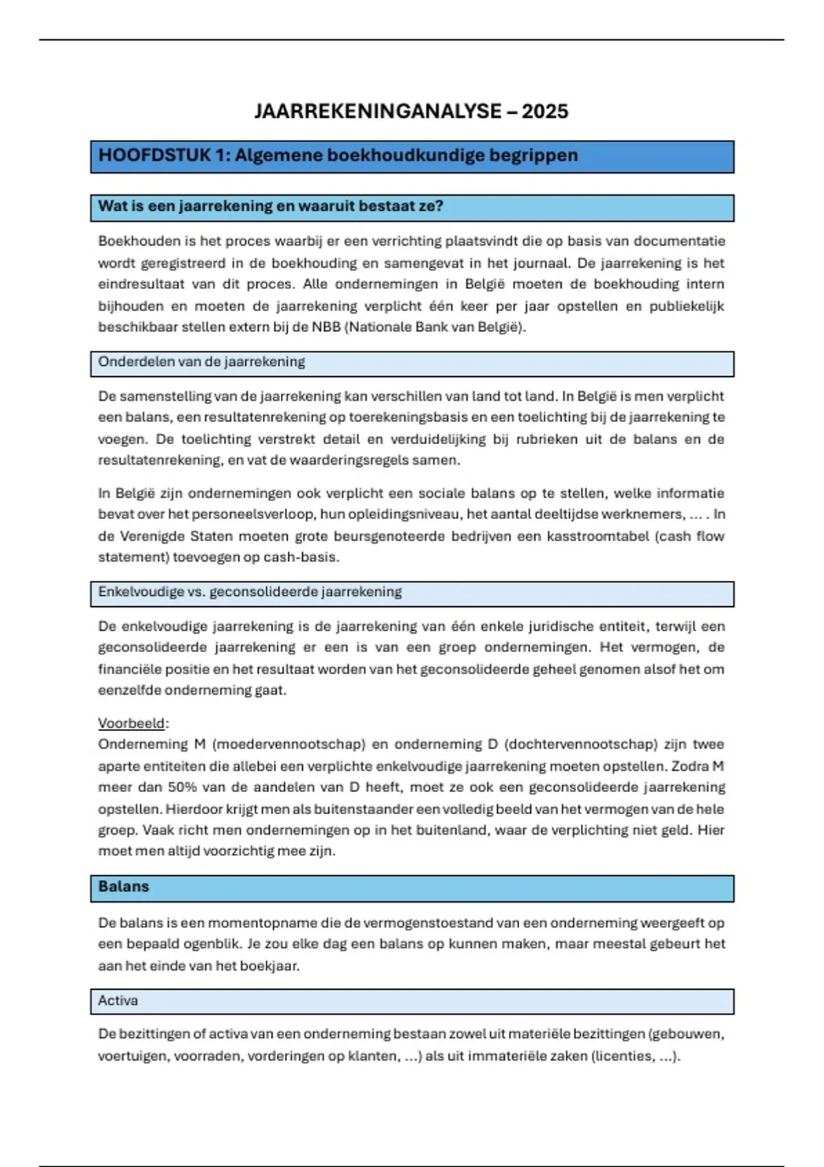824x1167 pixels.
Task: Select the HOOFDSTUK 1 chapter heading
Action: [338, 155]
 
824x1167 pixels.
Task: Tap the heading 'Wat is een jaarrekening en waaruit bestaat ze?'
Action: [271, 206]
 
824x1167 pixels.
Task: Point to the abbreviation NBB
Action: [326, 327]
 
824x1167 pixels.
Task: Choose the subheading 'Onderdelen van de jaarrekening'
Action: [201, 362]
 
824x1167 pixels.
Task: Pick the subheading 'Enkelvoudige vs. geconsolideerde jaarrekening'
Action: [250, 592]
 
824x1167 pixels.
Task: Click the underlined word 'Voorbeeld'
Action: [132, 723]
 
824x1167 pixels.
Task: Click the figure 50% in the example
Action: [183, 787]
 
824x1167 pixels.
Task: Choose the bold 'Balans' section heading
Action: [124, 886]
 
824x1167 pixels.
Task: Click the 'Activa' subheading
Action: [118, 1000]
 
